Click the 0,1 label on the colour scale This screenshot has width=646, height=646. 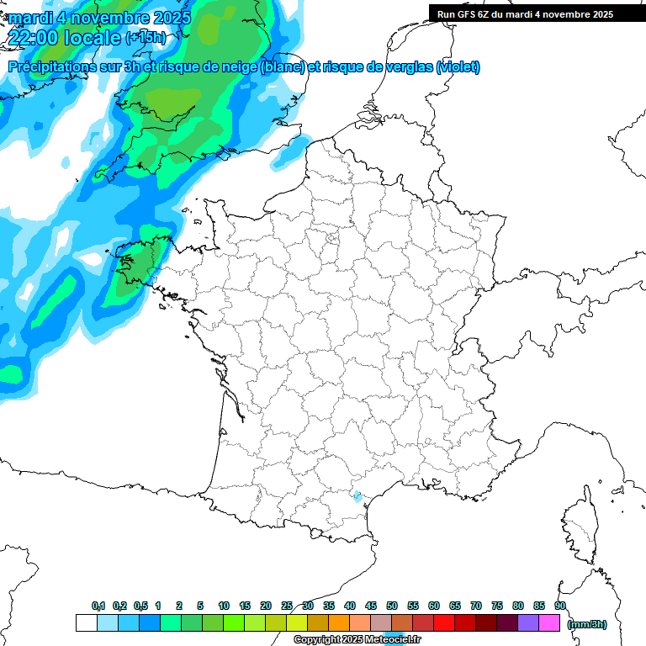pyautogui.click(x=98, y=606)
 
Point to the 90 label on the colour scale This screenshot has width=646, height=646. pyautogui.click(x=559, y=606)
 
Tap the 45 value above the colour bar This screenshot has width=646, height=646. pyautogui.click(x=371, y=606)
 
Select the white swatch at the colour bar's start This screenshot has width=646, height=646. pyautogui.click(x=86, y=622)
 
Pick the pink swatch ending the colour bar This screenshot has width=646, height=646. pyautogui.click(x=549, y=622)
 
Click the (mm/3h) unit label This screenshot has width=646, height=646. pyautogui.click(x=587, y=623)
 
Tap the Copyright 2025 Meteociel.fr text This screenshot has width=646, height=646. pyautogui.click(x=357, y=640)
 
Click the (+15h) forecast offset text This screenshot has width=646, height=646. pyautogui.click(x=146, y=38)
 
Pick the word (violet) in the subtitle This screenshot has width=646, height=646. pyautogui.click(x=458, y=67)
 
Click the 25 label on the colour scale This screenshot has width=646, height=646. pyautogui.click(x=287, y=606)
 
